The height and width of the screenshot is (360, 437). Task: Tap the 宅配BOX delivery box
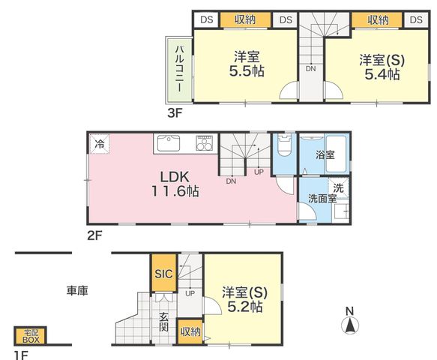(31, 336)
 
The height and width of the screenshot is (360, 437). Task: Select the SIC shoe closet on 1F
(164, 273)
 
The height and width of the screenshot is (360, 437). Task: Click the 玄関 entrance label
(163, 322)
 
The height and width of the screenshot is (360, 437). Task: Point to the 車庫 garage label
(77, 290)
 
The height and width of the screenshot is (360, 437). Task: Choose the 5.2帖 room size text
(245, 307)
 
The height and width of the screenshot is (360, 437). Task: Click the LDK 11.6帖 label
(175, 184)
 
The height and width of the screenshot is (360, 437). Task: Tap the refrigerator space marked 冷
(99, 144)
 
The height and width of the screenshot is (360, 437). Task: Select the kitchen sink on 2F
(169, 143)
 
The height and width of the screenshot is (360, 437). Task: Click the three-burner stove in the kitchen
(205, 143)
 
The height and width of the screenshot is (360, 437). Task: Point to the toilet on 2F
(284, 145)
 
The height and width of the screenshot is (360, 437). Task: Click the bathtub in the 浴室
(336, 154)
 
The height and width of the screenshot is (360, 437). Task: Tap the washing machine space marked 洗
(338, 187)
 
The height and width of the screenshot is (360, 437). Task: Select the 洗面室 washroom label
(322, 199)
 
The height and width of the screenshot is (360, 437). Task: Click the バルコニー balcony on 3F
(179, 70)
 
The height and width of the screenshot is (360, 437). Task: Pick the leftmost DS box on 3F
(207, 19)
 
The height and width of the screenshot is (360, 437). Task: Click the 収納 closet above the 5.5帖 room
(245, 19)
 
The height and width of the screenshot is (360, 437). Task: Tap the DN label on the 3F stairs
(311, 68)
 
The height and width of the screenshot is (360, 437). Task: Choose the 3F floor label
(175, 113)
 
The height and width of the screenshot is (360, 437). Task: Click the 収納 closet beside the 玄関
(190, 331)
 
